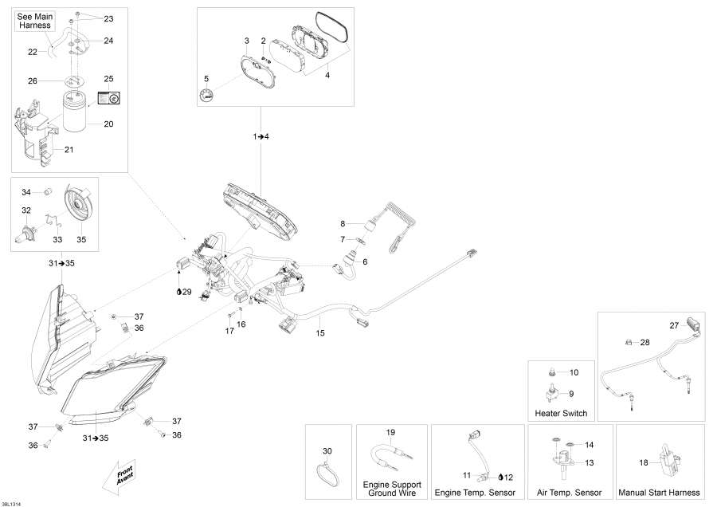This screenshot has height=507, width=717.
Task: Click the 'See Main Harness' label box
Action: point(34,21)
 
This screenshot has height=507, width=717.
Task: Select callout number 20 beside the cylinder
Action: point(108,124)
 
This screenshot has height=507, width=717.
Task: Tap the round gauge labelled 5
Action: point(207,96)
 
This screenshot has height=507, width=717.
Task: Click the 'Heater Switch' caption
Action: point(562,413)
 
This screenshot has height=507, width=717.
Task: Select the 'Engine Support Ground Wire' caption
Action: point(392,489)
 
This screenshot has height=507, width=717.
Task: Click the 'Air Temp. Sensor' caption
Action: point(570,493)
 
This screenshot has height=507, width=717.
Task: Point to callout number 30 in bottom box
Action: point(327,450)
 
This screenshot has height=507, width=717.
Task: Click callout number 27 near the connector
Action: point(674,325)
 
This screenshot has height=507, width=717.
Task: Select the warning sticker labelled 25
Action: point(108,97)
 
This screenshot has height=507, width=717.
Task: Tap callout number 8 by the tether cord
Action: point(343,223)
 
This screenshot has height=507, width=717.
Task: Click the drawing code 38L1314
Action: point(12,503)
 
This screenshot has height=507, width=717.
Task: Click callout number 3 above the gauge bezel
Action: point(247,40)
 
